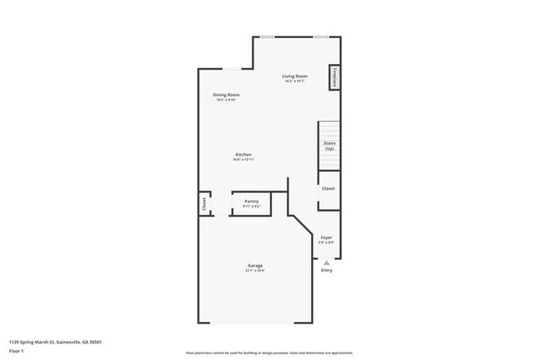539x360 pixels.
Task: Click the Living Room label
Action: coord(294,76)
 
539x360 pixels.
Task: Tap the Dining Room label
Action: coord(226,95)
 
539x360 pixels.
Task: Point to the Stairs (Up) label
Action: coord(328,145)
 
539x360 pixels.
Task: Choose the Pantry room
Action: coord(251,202)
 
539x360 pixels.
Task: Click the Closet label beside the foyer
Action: coord(328,189)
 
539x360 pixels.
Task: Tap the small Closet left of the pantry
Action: coord(203,204)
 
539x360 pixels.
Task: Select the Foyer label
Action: coord(327,237)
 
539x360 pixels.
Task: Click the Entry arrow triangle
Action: coord(326,261)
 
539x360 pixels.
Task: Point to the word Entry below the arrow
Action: coord(326,270)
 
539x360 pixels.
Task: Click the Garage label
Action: coord(255,265)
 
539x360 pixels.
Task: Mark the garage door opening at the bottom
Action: coord(254,324)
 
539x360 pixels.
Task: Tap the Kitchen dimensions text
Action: coord(243,160)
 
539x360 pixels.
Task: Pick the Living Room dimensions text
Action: coord(294,81)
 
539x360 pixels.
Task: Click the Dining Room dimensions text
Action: coord(226,100)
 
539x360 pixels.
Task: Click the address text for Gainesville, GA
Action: coord(56,341)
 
